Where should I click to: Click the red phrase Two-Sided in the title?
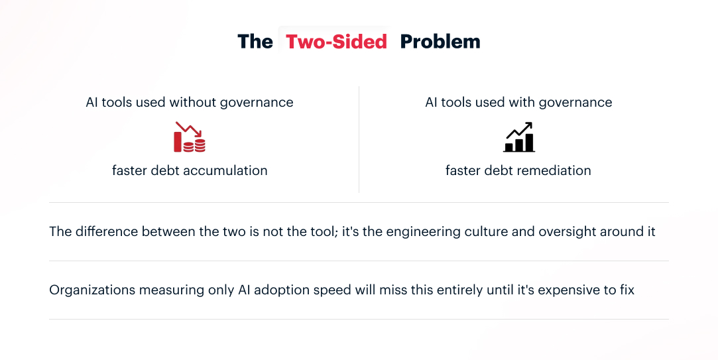pyautogui.click(x=336, y=42)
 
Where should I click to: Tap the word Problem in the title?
pyautogui.click(x=440, y=42)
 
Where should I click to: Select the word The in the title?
pyautogui.click(x=255, y=42)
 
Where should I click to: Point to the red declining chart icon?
pyautogui.click(x=190, y=137)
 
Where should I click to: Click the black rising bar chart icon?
pyautogui.click(x=518, y=137)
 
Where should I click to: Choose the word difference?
pyautogui.click(x=105, y=232)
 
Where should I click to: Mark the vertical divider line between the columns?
pyautogui.click(x=359, y=139)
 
